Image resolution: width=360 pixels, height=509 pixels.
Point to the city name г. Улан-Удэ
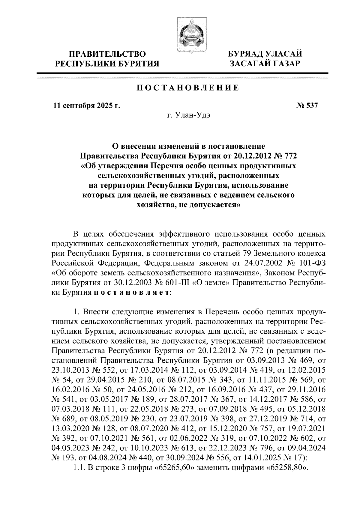(x=188, y=116)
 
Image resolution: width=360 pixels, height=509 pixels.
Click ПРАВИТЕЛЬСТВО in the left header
(x=108, y=54)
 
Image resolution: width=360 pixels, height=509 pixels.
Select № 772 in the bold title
(x=285, y=156)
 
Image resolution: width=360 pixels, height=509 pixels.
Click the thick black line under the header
(x=182, y=73)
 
